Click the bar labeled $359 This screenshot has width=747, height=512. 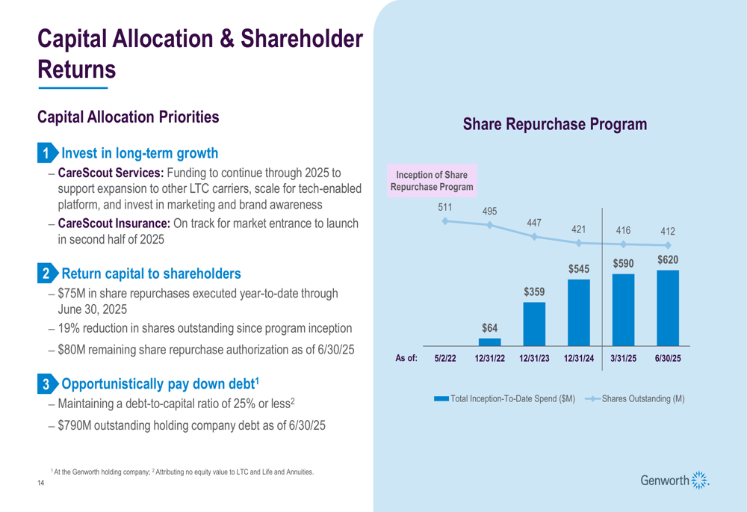(x=534, y=324)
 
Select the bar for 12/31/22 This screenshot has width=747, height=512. (x=489, y=342)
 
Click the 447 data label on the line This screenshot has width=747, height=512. (x=533, y=222)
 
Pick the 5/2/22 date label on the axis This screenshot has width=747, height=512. (x=445, y=359)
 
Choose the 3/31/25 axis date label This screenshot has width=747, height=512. (x=623, y=359)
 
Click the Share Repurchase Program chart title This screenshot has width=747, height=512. (x=555, y=124)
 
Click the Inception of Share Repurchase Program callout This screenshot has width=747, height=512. (x=432, y=181)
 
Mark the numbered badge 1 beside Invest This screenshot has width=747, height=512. (x=46, y=154)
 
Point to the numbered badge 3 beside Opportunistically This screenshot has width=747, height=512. (x=46, y=385)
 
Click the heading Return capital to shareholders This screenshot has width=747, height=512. (x=151, y=274)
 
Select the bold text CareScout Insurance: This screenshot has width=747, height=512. (x=114, y=223)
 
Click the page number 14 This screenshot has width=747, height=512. (x=41, y=486)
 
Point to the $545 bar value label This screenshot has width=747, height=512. (x=579, y=268)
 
